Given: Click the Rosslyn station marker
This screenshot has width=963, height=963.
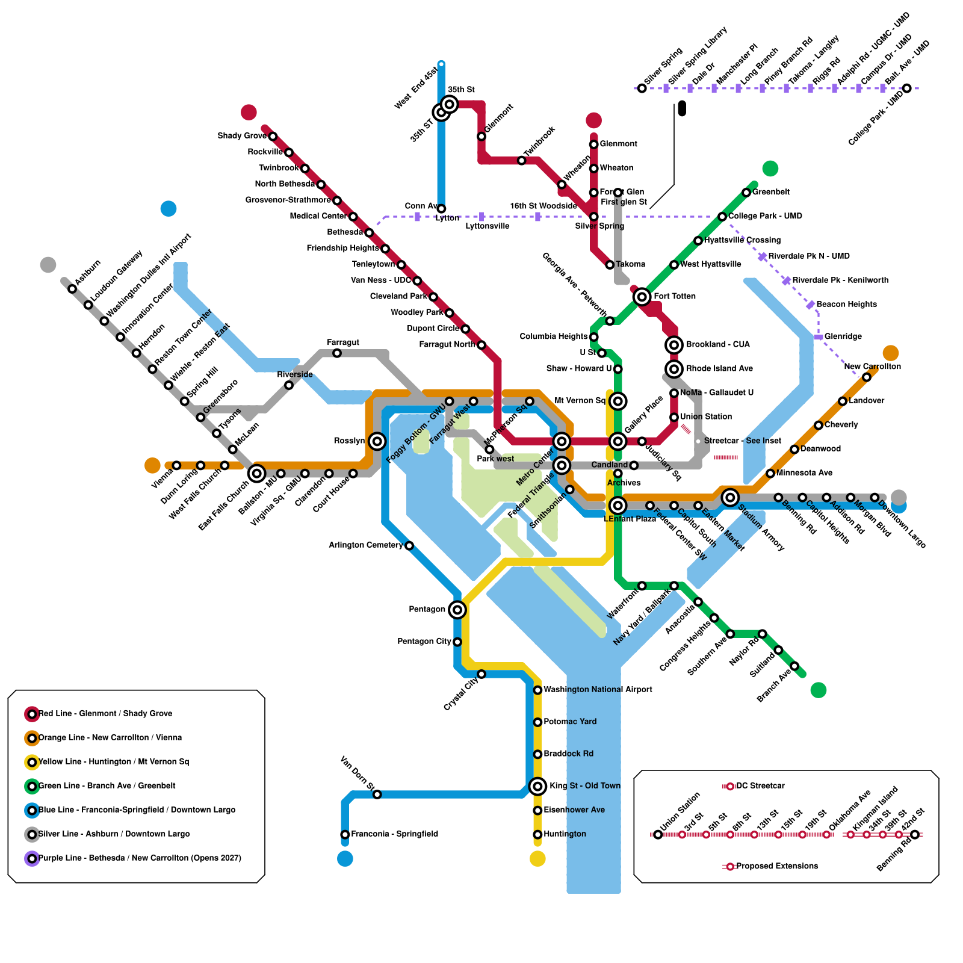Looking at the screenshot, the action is click(377, 441).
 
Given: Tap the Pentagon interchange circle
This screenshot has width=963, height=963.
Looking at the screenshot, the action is click(457, 610).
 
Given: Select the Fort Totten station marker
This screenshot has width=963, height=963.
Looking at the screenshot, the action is click(642, 296).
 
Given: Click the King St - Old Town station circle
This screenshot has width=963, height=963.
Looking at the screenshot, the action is click(537, 786).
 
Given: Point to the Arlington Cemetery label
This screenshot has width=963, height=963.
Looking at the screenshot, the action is click(365, 545).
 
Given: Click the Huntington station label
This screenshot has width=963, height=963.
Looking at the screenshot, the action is click(565, 834).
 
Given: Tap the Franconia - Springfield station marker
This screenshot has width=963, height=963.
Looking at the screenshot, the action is click(345, 835).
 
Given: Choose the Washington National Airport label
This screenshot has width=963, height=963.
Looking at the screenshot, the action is click(598, 690).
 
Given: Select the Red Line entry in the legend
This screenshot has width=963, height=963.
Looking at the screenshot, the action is click(105, 714).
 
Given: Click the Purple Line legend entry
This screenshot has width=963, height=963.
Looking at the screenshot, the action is click(139, 858).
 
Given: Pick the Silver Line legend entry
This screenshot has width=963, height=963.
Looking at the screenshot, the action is click(114, 834).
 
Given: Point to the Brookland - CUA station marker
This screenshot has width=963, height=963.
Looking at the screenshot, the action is click(674, 345).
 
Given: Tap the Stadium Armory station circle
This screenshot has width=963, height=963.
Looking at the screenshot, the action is click(730, 498).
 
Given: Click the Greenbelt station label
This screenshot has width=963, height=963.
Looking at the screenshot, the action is click(771, 192).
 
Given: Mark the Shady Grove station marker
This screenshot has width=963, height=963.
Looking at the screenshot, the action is click(273, 137).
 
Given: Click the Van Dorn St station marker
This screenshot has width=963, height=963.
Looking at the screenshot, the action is click(377, 794).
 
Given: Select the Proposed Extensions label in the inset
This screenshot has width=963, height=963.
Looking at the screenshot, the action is click(776, 866).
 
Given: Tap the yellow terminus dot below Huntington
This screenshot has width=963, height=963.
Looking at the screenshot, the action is click(537, 859).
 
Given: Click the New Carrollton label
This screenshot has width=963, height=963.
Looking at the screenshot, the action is click(872, 367).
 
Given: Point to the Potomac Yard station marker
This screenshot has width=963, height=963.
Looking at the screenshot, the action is click(537, 722).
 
